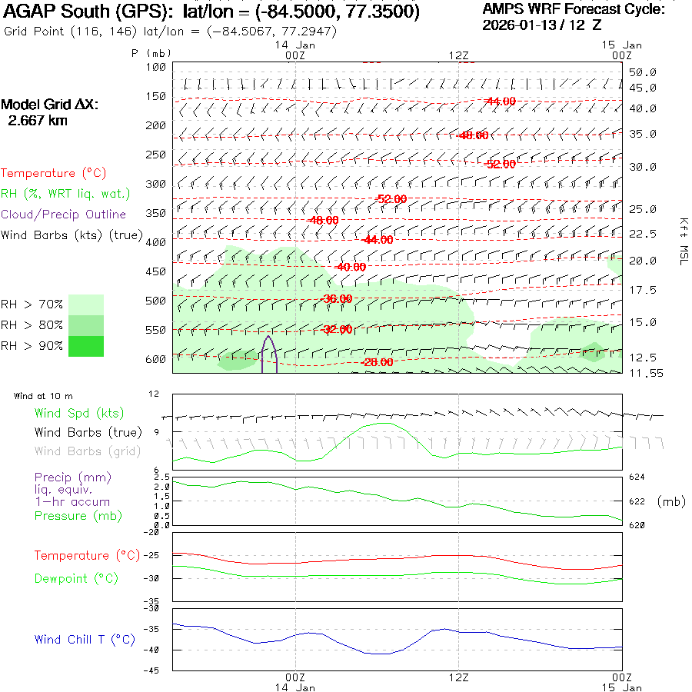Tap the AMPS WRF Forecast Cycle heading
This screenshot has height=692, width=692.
tap(574, 9)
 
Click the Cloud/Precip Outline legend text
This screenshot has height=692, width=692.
tap(63, 215)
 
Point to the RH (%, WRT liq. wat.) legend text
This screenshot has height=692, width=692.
tap(65, 194)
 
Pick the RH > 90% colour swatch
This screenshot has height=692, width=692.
tap(85, 346)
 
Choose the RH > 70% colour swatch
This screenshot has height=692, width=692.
tap(85, 304)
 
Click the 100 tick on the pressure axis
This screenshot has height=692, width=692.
tap(156, 67)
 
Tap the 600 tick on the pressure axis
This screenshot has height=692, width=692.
tap(156, 359)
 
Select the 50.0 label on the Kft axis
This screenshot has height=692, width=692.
tap(642, 72)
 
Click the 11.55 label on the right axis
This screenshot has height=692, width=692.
tap(642, 373)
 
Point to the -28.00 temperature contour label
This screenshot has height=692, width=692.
tap(378, 362)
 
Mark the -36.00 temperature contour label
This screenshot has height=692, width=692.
tap(337, 298)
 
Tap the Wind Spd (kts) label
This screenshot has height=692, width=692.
tap(78, 414)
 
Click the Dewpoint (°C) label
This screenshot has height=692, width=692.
tap(72, 578)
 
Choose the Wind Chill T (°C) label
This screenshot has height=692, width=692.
tap(85, 640)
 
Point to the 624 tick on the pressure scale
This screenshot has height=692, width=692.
tap(637, 477)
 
